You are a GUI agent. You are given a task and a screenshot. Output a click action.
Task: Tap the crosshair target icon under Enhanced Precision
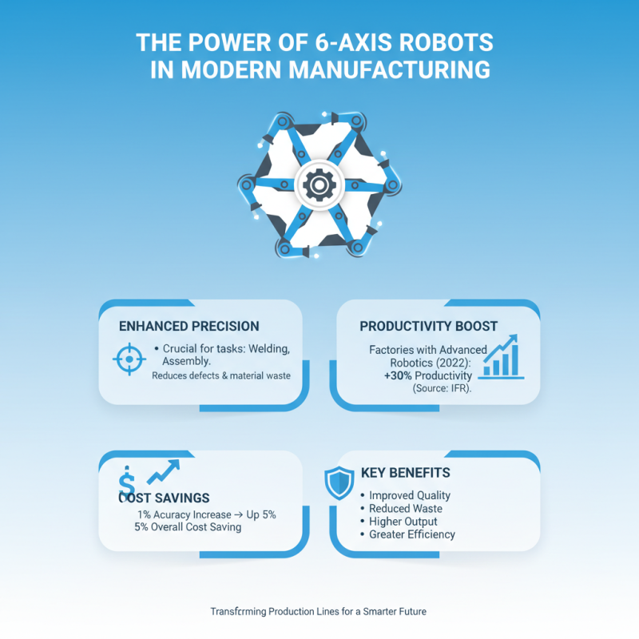coord(126,359)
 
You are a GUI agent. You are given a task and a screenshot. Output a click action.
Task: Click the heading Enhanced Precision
coord(189,326)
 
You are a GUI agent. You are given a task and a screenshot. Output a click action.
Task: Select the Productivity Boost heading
coord(429,326)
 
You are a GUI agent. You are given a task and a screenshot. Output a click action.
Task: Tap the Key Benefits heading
coord(406,472)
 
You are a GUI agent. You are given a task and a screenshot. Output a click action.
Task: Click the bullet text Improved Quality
coord(410,495)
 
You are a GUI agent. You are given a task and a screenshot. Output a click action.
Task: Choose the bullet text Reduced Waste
coord(405,508)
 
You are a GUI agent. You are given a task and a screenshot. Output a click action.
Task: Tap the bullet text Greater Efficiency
coord(412,534)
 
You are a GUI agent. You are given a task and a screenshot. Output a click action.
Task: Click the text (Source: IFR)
coord(443,388)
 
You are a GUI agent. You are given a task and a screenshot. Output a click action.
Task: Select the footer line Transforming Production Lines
coord(319,611)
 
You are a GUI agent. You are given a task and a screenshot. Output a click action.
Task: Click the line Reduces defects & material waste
coord(221,375)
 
